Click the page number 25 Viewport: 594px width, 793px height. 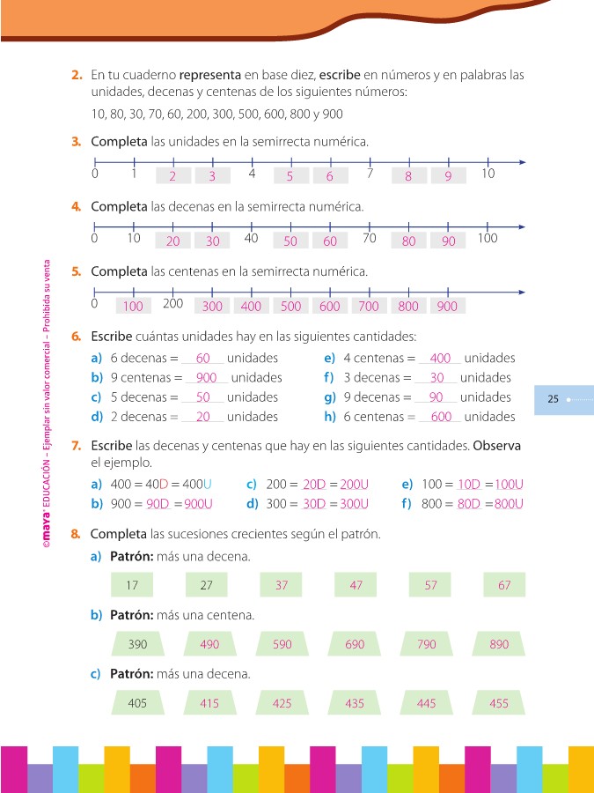553,399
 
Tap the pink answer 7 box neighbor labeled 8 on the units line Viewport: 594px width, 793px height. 408,176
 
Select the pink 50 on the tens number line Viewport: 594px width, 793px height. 290,241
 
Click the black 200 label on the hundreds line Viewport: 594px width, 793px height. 172,303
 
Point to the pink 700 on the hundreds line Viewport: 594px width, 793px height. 369,307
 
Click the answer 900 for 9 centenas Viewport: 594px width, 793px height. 207,378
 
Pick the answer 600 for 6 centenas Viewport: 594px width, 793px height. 441,417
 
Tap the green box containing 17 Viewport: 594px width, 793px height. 132,585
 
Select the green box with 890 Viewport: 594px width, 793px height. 499,644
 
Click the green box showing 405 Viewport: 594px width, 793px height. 137,703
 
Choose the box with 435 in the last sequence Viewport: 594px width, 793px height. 354,703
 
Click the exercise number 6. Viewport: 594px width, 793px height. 77,337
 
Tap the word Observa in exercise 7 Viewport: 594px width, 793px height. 496,446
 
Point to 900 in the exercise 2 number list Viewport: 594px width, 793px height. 333,114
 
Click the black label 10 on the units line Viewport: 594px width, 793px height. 488,174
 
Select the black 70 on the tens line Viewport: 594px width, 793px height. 370,238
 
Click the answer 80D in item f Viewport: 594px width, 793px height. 473,505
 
